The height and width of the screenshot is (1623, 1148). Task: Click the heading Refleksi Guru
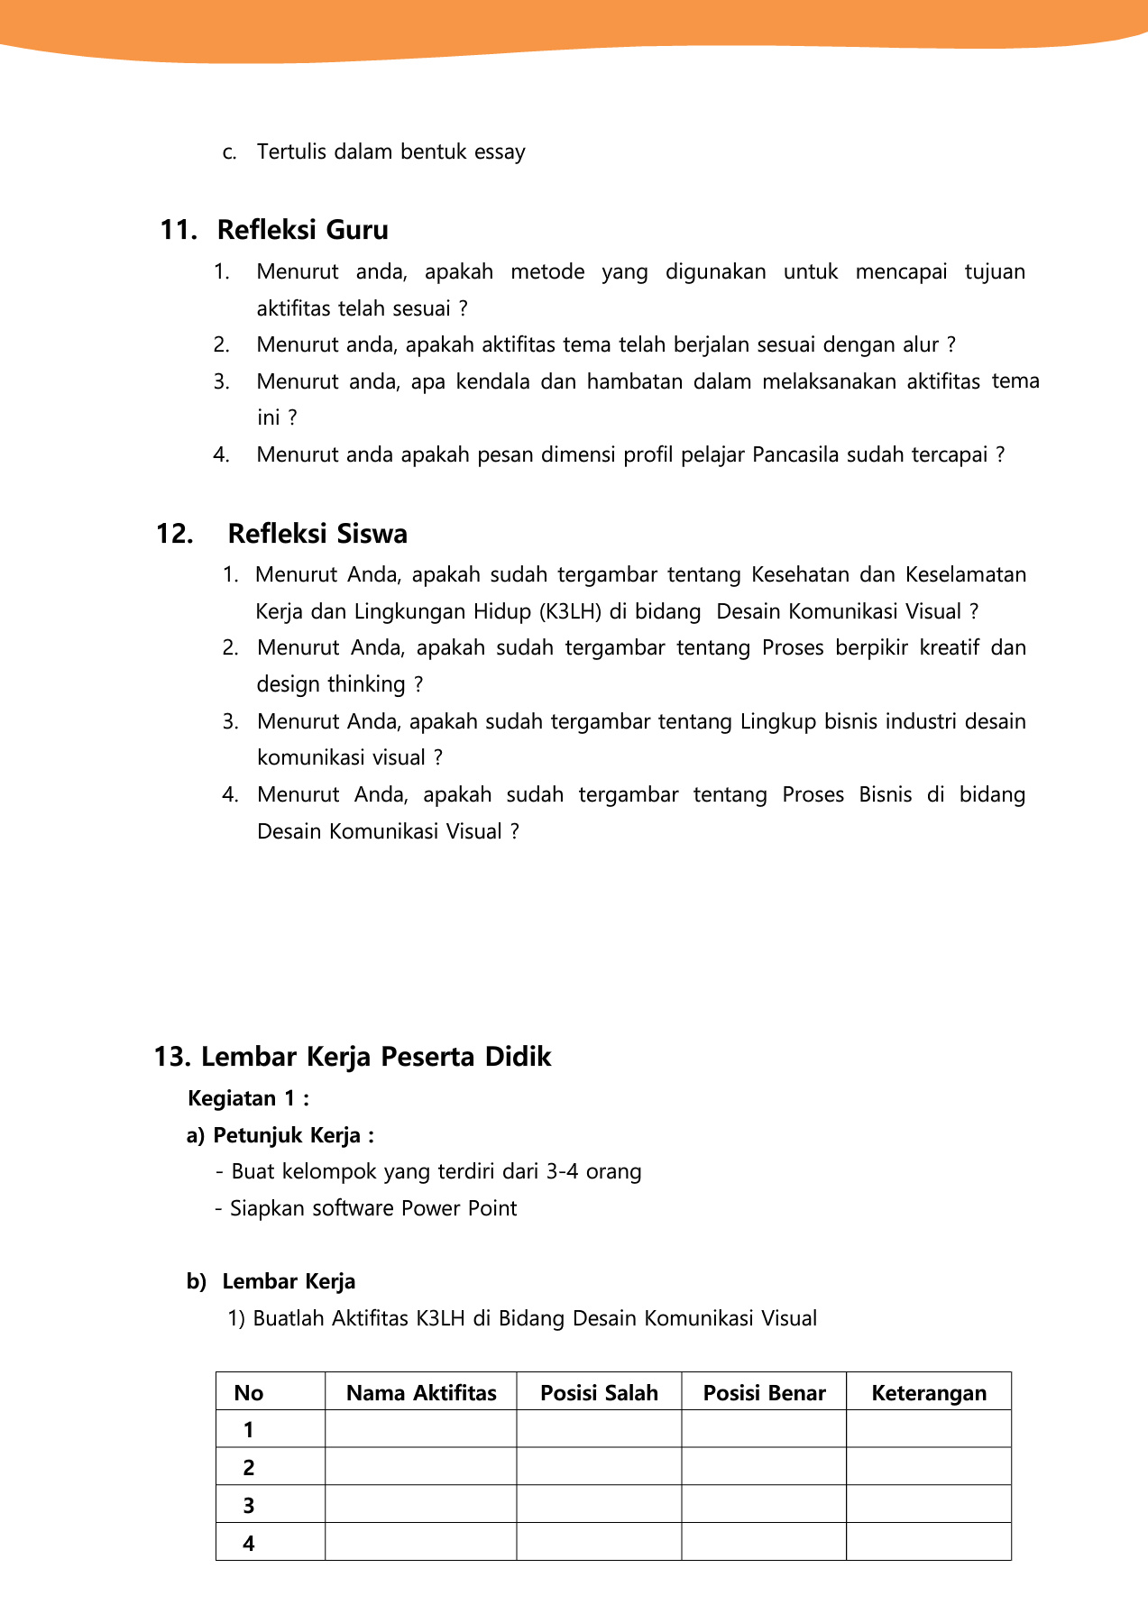point(302,230)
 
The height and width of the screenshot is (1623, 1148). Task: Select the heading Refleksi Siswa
point(317,534)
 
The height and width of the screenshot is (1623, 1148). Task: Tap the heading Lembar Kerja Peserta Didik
point(375,1057)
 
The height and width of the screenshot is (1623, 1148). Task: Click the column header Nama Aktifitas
point(421,1393)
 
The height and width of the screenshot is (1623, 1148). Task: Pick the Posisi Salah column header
point(599,1393)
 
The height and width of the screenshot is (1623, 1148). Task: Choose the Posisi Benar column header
point(764,1393)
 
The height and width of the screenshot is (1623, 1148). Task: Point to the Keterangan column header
point(929,1393)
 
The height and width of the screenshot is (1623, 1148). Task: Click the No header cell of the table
point(249,1393)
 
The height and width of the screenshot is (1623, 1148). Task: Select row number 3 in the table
point(249,1506)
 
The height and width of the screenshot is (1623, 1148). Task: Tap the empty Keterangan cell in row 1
point(929,1430)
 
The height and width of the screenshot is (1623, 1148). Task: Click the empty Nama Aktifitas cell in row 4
point(421,1543)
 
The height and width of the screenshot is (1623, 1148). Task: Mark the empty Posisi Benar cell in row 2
point(764,1468)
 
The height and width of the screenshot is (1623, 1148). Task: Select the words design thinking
point(331,684)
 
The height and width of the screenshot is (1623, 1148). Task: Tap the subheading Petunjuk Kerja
point(287,1135)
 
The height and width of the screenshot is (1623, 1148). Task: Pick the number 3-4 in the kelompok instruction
point(563,1171)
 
